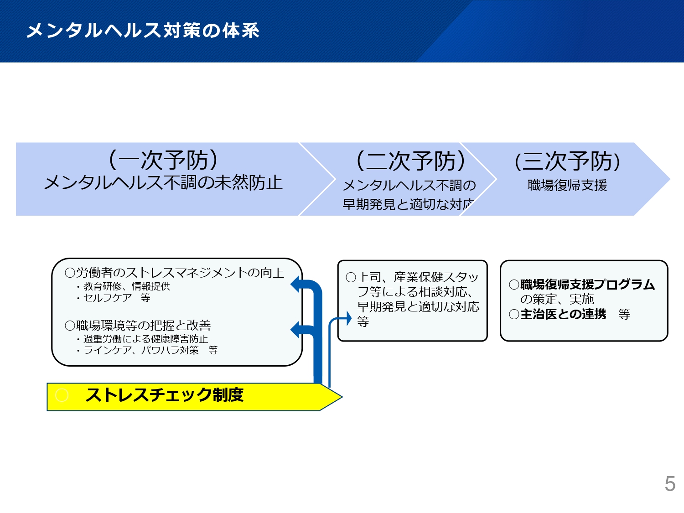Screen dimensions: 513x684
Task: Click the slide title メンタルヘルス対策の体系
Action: [143, 31]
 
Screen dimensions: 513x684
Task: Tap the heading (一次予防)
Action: [163, 160]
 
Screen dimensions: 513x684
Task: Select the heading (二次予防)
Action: [410, 161]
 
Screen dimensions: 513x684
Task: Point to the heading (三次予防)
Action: [567, 161]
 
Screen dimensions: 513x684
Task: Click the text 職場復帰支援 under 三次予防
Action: [567, 186]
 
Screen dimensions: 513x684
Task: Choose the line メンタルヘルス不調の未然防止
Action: [163, 183]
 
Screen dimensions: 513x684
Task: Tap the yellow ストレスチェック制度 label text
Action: [164, 395]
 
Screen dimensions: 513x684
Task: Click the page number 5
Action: [670, 484]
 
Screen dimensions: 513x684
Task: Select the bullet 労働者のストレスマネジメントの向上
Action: [175, 273]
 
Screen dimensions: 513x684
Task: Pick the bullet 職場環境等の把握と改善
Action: [138, 326]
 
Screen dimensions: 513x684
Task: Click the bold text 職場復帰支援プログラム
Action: [587, 285]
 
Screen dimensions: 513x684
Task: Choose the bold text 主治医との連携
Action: [563, 314]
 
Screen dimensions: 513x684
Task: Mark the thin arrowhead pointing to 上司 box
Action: [349, 318]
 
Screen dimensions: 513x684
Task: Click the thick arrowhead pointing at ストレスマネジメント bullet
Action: [295, 284]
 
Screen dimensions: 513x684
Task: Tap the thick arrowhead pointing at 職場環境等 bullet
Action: [295, 330]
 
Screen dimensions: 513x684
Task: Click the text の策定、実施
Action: [557, 299]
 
